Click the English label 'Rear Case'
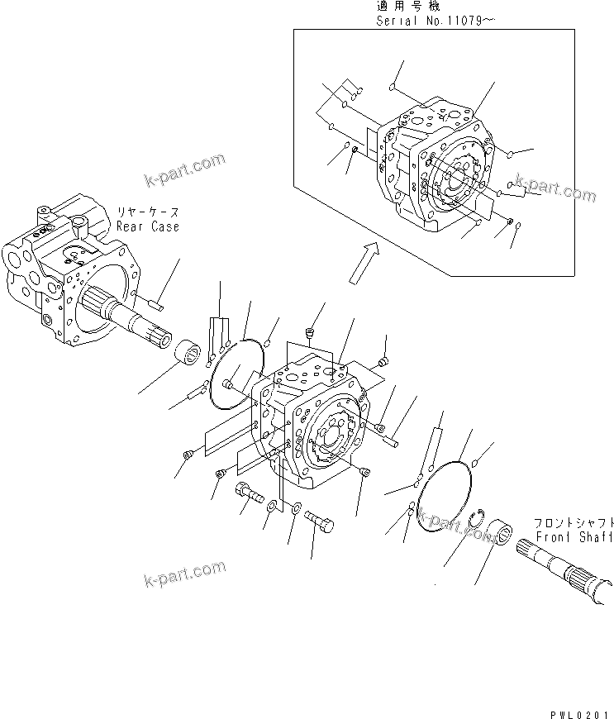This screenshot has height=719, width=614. tap(147, 226)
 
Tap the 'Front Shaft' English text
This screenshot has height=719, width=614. tap(573, 537)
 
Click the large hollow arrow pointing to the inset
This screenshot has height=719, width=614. tap(362, 262)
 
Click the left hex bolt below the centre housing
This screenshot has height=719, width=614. tap(249, 493)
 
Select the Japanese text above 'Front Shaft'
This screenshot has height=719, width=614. tap(573, 523)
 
